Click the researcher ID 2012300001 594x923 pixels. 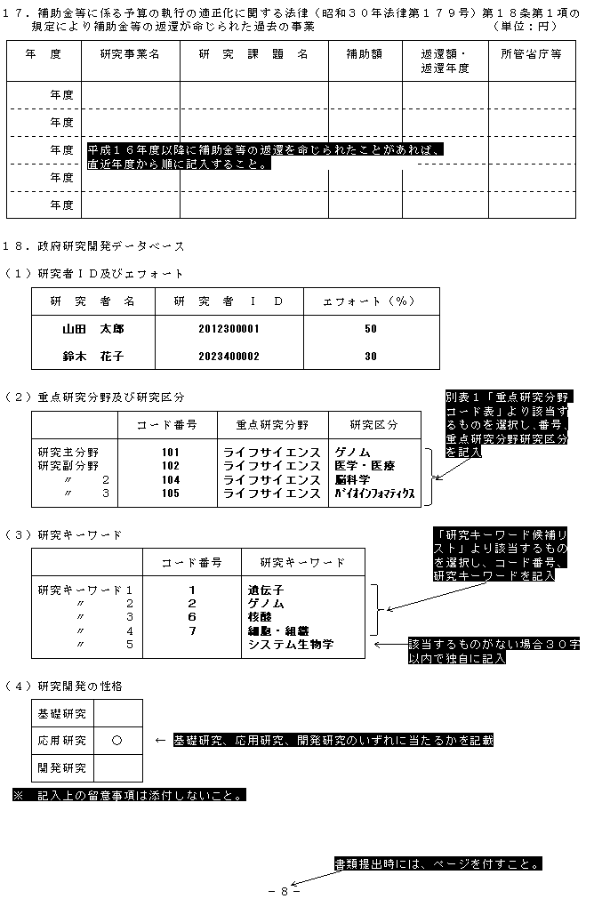coord(229,329)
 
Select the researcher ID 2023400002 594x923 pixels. coord(229,357)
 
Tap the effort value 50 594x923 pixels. coord(371,329)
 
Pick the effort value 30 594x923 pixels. coord(371,357)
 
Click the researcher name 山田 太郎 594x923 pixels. coord(93,329)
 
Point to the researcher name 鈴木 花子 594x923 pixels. coord(93,357)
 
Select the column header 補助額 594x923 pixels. coord(365,54)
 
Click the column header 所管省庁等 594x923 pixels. coord(531,54)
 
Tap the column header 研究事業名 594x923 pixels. coord(130,54)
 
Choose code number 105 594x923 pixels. coord(171,493)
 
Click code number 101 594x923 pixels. coord(171,453)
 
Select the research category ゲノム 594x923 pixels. coord(353,453)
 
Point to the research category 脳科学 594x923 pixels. coord(353,479)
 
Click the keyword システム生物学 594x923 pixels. coord(291,644)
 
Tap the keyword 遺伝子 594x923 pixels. coord(266,590)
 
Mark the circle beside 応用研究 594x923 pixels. coord(117,740)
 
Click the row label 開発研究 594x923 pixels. coord(62,767)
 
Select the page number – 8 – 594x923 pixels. coord(284,891)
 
